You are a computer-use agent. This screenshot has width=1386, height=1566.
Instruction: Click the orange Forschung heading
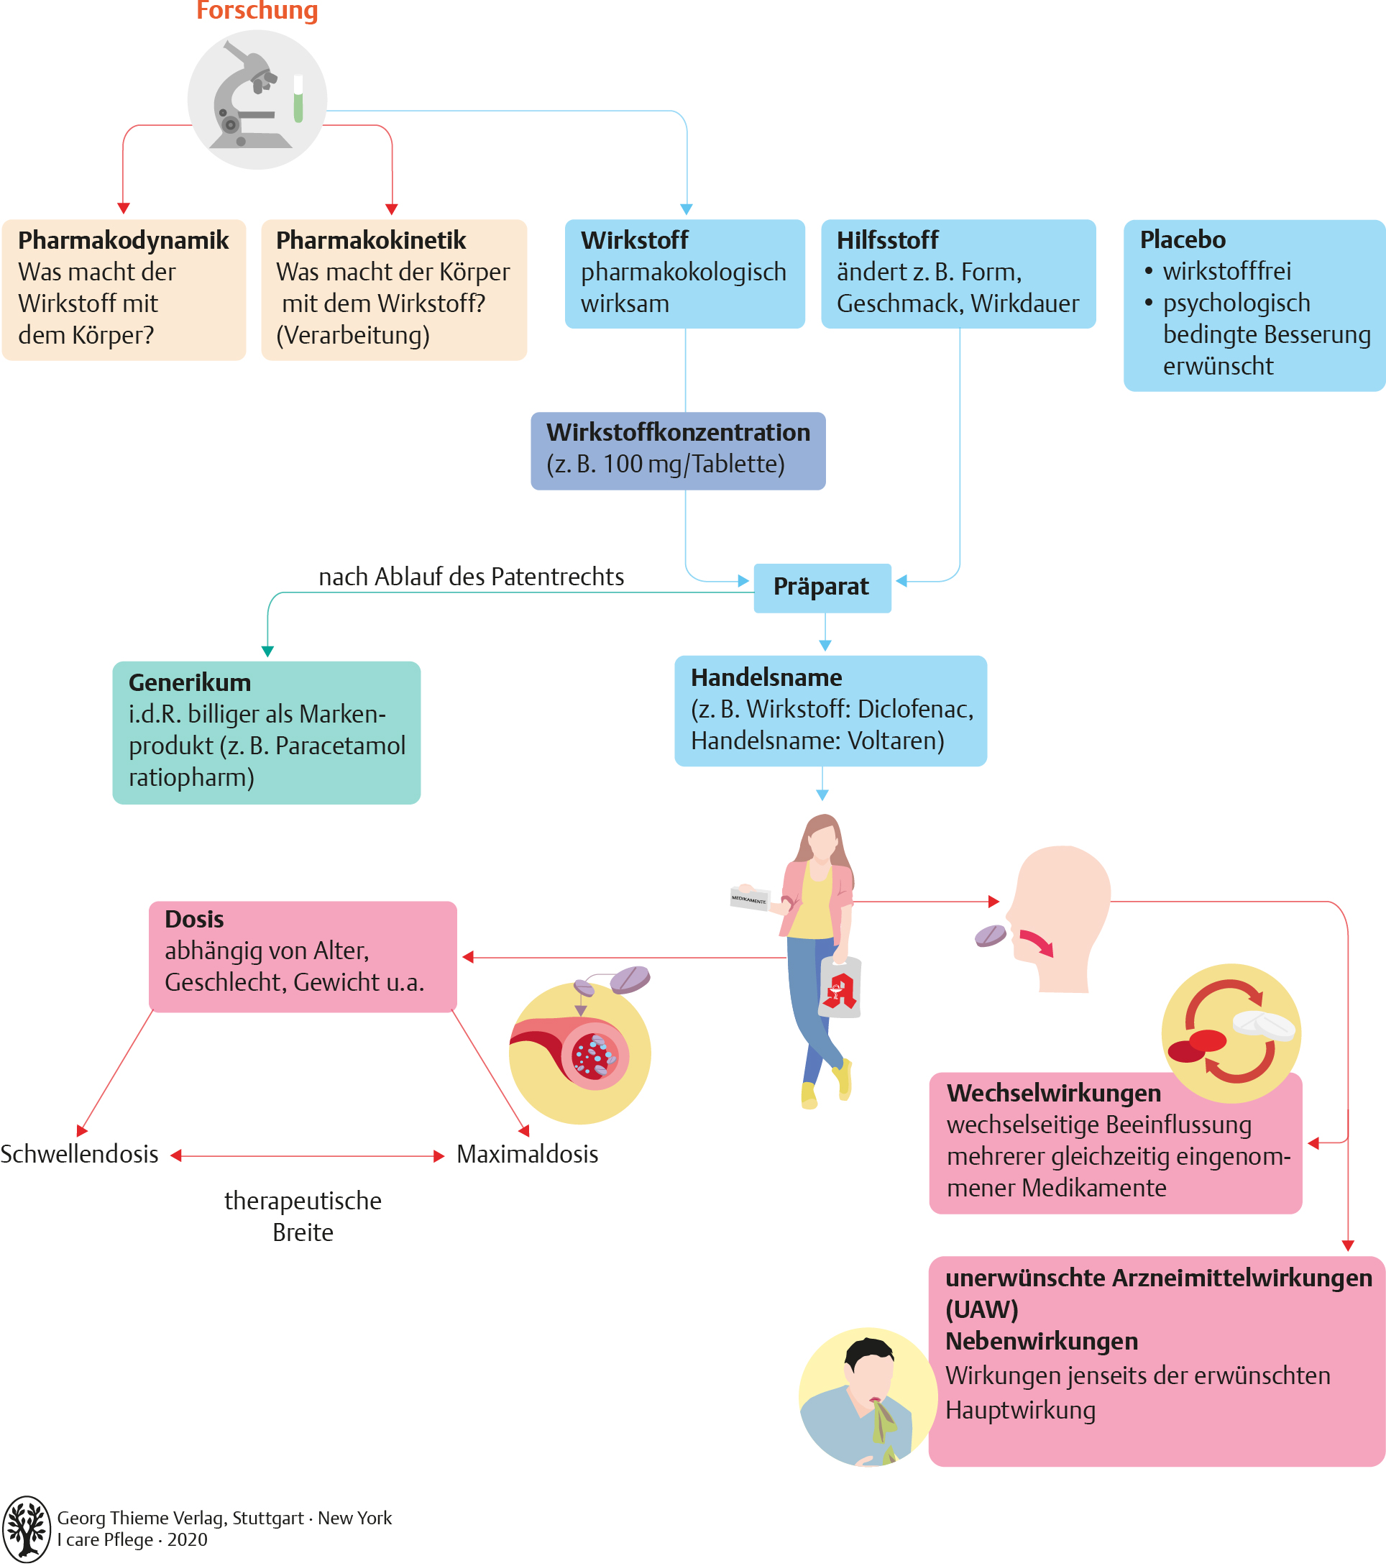257,11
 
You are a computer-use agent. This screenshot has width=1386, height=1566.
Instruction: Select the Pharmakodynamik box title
124,241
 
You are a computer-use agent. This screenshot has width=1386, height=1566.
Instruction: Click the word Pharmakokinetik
371,241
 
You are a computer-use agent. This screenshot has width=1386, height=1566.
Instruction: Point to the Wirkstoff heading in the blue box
634,241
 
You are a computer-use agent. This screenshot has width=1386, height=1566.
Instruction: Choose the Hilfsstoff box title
887,241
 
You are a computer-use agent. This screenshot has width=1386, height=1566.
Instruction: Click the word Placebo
1183,240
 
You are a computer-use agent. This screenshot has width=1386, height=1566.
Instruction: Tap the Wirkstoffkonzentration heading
678,433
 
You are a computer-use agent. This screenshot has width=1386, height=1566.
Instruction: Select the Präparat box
822,587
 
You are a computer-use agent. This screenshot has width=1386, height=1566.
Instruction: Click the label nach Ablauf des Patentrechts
471,577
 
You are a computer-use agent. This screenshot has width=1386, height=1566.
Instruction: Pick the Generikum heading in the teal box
189,682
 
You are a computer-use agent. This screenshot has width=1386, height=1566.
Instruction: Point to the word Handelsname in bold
766,678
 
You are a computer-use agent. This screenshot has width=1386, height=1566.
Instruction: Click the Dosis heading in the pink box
194,920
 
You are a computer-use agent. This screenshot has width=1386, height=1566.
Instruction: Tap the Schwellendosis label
80,1155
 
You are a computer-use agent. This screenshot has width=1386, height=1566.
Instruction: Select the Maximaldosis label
527,1155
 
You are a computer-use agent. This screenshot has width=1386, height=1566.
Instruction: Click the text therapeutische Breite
303,1216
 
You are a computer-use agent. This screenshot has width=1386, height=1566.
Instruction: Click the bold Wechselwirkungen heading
1053,1094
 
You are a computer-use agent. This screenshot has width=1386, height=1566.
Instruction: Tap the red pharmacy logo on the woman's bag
839,992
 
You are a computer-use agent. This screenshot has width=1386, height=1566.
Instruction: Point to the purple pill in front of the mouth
990,935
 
